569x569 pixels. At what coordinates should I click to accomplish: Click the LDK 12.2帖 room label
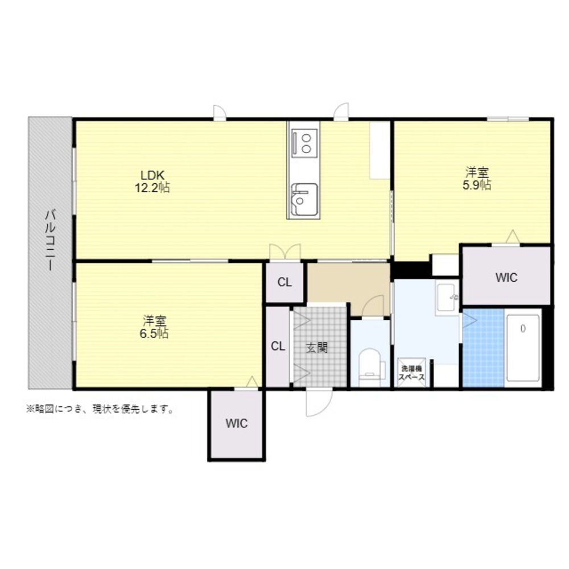point(152,182)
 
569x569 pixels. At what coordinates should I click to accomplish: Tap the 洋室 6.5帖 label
point(154,327)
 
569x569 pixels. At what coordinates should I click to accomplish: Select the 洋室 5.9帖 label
point(477,179)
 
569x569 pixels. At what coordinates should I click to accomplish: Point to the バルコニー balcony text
point(50,240)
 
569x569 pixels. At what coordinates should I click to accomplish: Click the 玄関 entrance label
point(317,348)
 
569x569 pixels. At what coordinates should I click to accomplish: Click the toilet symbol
point(370,367)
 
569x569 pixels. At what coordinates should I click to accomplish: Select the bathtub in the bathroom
point(523,348)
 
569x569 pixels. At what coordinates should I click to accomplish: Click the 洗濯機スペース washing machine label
point(411,373)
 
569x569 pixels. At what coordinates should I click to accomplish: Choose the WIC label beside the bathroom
point(506,278)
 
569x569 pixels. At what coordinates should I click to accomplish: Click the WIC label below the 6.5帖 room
point(237,423)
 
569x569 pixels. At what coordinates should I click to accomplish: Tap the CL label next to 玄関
point(278,346)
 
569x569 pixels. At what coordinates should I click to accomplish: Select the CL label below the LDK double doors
point(284,282)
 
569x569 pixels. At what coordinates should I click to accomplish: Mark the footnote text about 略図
point(100,409)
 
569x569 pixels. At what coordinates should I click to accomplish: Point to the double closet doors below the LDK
point(285,251)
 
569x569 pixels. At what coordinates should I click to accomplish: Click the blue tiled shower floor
point(483,348)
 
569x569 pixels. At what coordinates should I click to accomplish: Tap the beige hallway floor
point(348,287)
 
